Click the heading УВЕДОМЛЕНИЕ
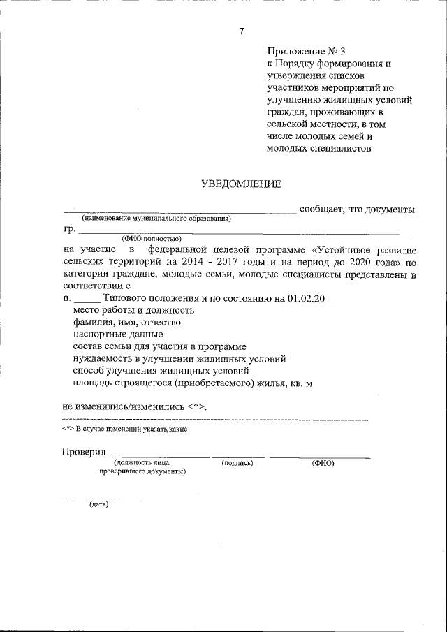[242, 184]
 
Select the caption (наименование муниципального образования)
[156, 219]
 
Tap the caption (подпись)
[237, 463]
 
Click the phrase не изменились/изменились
[123, 406]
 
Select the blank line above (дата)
[101, 498]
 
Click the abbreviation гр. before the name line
[68, 229]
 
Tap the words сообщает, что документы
[358, 210]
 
